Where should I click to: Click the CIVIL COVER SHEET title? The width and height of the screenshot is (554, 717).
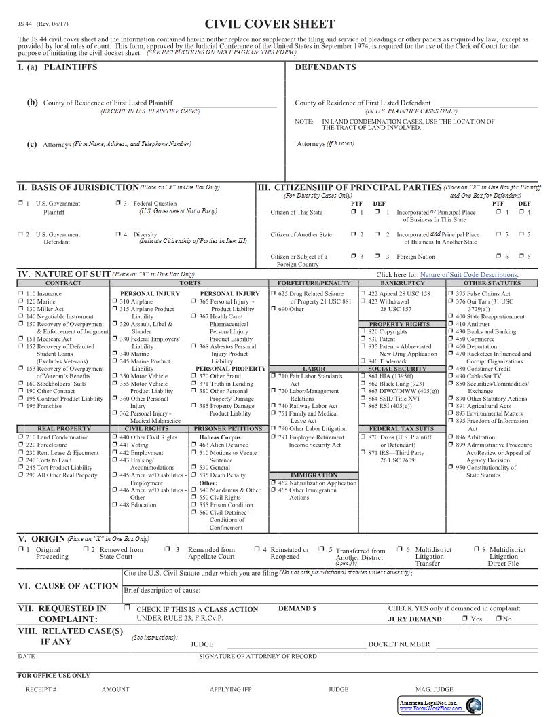[270, 24]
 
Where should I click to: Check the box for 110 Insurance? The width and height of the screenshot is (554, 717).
[20, 293]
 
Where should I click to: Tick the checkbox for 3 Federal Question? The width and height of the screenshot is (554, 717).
[118, 203]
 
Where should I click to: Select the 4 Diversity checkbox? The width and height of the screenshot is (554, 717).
[118, 234]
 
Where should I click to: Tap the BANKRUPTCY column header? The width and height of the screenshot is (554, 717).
[402, 282]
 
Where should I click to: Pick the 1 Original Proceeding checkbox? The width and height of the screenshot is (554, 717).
[20, 549]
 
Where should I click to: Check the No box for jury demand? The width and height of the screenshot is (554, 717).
[498, 619]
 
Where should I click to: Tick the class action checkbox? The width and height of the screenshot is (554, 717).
[127, 608]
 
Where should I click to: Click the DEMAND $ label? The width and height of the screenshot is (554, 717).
[297, 609]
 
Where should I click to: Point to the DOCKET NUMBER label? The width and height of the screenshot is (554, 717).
[399, 644]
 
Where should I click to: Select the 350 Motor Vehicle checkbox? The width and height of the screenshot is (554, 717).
[115, 375]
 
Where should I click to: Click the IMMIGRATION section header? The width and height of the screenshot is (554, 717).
[314, 475]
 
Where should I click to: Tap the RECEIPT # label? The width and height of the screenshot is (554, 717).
[41, 689]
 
